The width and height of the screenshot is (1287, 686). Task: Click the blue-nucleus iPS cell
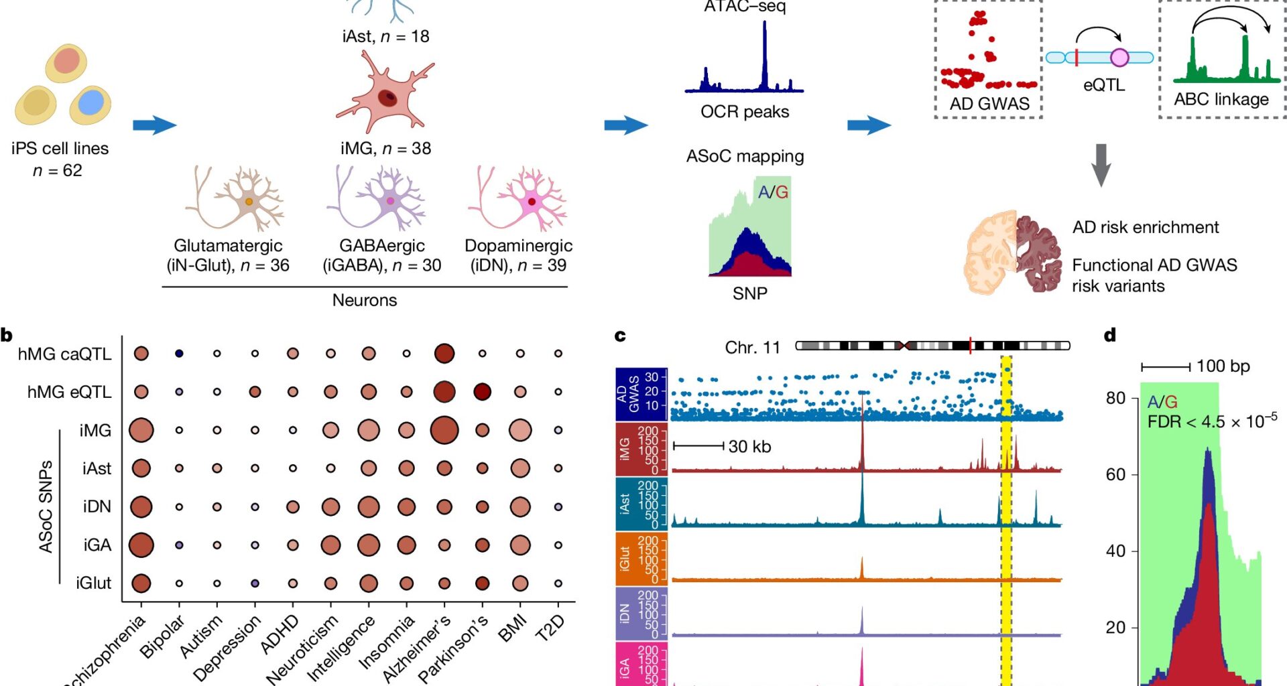90,105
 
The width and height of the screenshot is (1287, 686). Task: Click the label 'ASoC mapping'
745,156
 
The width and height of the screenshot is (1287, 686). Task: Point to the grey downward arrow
1101,165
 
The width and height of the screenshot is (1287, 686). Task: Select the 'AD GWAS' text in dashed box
989,104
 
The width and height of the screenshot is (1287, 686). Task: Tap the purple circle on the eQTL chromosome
1119,58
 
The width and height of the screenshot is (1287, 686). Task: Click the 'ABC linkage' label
1221,99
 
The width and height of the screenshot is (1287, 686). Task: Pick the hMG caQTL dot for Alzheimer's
444,353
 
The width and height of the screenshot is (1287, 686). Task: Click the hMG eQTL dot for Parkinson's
482,391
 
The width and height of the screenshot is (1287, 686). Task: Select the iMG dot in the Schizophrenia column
141,430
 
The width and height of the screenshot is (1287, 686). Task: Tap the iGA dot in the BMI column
520,545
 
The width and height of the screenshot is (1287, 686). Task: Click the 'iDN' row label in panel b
97,506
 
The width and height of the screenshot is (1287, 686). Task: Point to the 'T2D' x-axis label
551,628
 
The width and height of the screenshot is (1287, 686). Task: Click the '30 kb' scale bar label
749,446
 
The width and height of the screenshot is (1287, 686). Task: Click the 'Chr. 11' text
752,348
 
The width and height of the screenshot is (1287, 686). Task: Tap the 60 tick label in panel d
1115,474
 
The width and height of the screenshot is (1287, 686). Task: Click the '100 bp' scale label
1223,366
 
